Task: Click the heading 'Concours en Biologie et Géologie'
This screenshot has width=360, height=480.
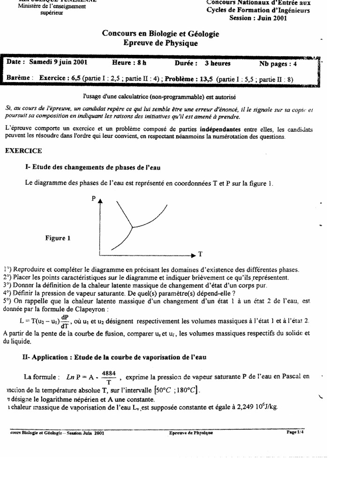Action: click(160, 34)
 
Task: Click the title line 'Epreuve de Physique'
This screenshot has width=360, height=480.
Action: click(160, 43)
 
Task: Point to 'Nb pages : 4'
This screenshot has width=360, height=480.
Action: click(278, 63)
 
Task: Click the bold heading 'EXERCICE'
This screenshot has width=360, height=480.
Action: click(23, 151)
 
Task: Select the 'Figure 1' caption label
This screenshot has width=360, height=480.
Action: click(58, 238)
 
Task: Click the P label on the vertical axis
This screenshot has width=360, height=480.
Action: click(93, 198)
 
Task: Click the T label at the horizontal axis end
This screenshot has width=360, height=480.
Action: click(200, 255)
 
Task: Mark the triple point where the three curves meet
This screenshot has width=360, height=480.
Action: click(133, 228)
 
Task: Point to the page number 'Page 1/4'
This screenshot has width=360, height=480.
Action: click(295, 433)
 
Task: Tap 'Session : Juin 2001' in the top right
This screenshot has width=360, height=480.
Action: click(258, 18)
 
